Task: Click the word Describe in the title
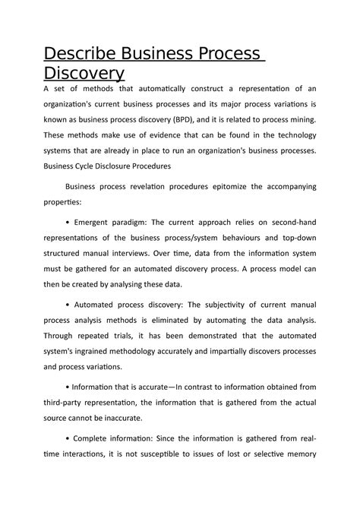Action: pos(85,54)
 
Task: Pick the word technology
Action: pos(289,135)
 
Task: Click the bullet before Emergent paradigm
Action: pos(68,223)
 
